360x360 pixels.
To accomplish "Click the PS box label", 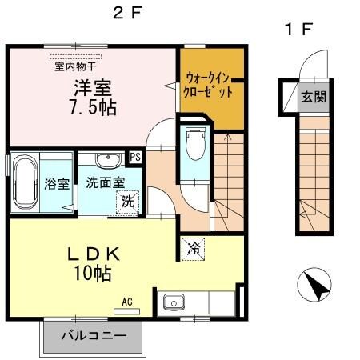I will [135, 158].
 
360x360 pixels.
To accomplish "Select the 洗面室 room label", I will [104, 182].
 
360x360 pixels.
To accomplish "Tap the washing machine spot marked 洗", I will [127, 202].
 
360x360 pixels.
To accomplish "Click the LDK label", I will [94, 254].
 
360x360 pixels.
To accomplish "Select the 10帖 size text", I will [94, 274].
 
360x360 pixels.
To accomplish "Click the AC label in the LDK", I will [127, 302].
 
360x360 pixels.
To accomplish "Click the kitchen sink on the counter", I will [174, 304].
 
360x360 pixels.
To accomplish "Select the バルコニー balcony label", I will [92, 337].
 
